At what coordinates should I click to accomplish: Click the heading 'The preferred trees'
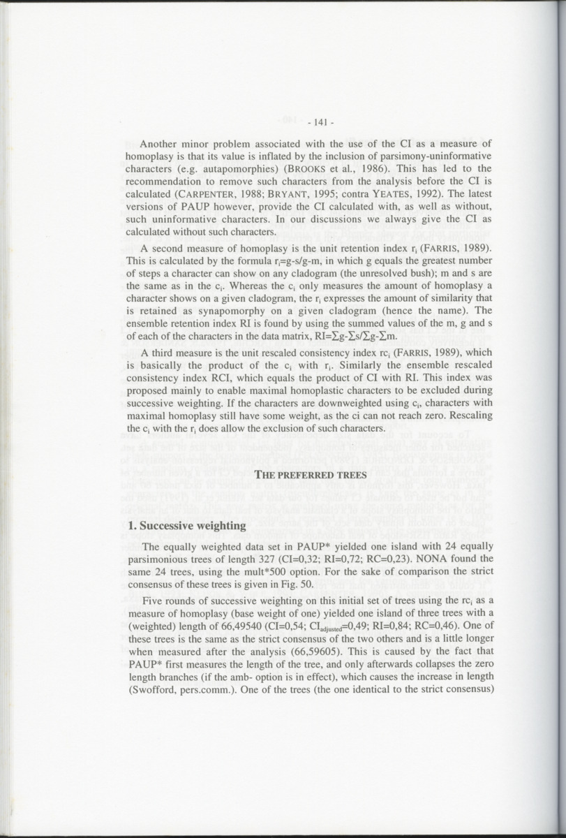pyautogui.click(x=311, y=476)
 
